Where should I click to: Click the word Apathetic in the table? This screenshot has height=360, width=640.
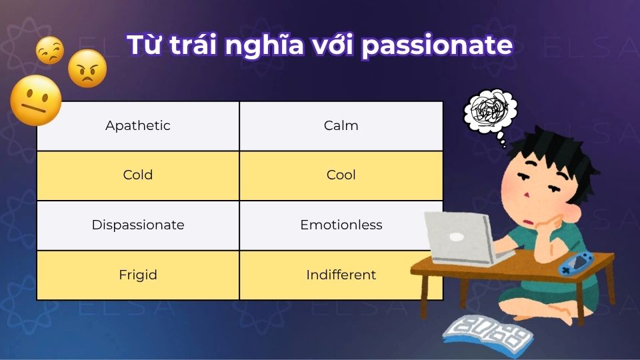coord(138,125)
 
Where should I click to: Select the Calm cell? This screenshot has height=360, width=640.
coord(341,125)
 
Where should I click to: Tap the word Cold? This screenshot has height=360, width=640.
coord(138,175)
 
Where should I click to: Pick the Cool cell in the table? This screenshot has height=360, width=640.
coord(341,175)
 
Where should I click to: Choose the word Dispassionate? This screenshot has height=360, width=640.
coord(138,225)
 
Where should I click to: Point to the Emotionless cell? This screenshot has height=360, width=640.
coord(341,225)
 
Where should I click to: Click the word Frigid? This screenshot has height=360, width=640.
coord(138,275)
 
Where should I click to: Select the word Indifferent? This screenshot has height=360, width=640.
coord(341,275)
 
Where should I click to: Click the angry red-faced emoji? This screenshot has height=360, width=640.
coord(87,68)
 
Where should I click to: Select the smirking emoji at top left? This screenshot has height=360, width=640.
coord(50,51)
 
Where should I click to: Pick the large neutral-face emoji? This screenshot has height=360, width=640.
coord(36,100)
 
